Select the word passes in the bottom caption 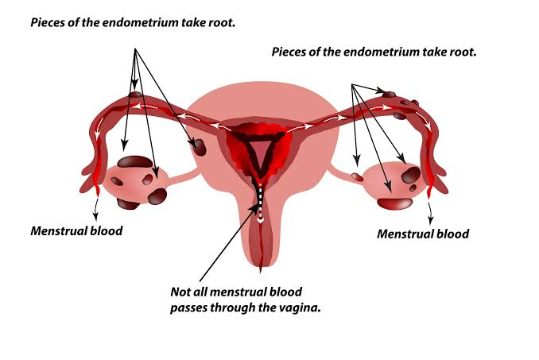(x=188, y=308)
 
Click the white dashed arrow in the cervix (x=260, y=203)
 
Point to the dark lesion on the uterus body (x=199, y=147)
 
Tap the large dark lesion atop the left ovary (x=134, y=162)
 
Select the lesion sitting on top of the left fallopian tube (x=135, y=94)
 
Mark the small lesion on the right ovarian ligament (x=358, y=177)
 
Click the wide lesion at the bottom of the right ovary (x=394, y=203)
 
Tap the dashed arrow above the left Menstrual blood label (x=96, y=208)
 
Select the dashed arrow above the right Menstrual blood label (x=429, y=213)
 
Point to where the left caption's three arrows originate (x=135, y=48)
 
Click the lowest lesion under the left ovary (x=128, y=204)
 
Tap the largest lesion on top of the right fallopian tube (x=389, y=94)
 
